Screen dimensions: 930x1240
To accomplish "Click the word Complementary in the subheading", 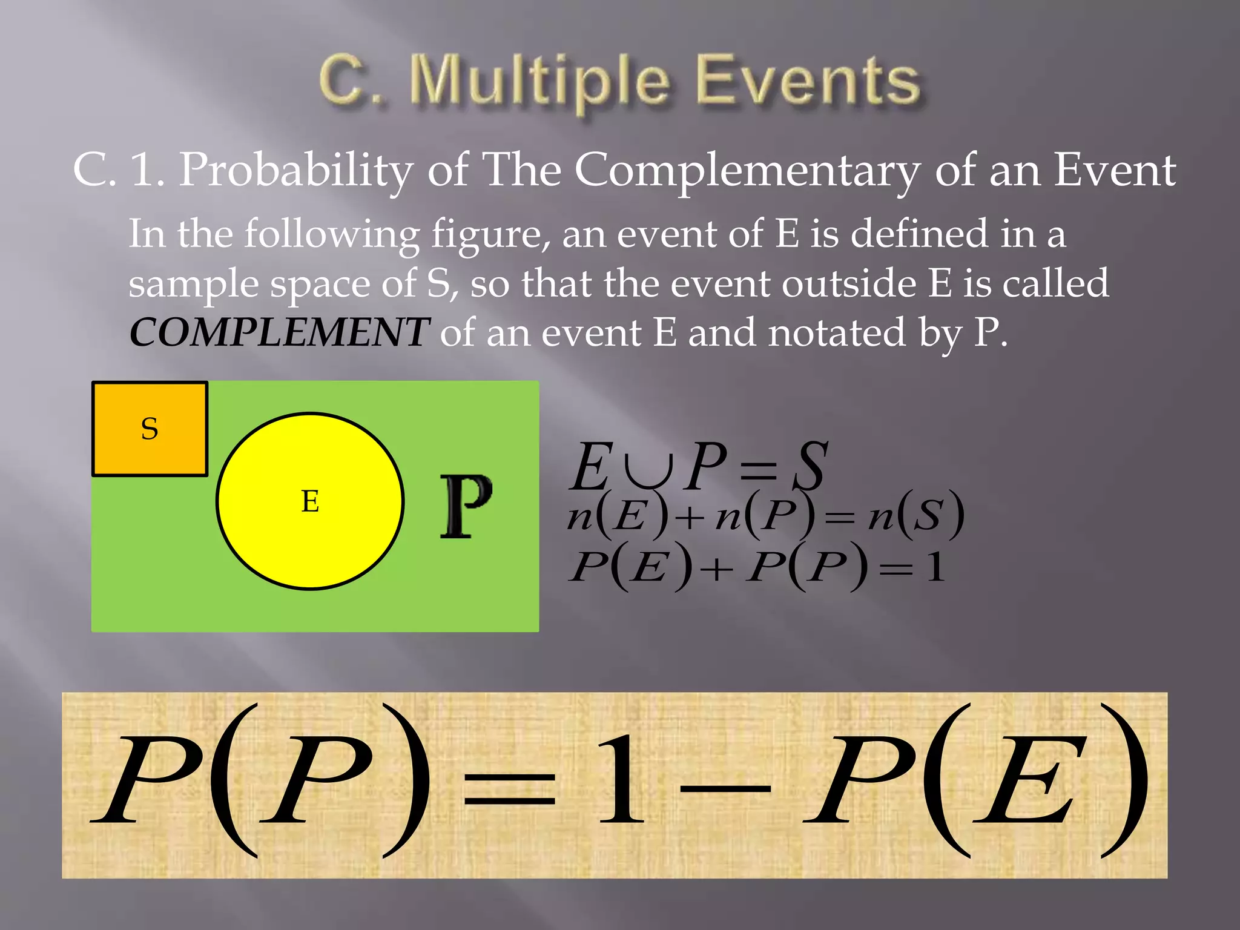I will tap(747, 170).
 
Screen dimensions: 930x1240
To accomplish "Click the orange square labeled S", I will tap(150, 429).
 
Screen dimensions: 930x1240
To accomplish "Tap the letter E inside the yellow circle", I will tap(310, 501).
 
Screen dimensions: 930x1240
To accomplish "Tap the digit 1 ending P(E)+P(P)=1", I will tap(935, 568).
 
